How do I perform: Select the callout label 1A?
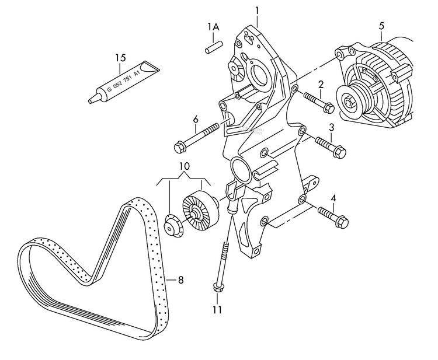pyautogui.click(x=214, y=27)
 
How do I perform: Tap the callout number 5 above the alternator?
pyautogui.click(x=381, y=26)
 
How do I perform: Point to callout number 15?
pyautogui.click(x=120, y=58)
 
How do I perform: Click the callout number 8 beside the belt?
pyautogui.click(x=180, y=280)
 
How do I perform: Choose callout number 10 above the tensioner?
pyautogui.click(x=184, y=166)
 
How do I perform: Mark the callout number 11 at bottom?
pyautogui.click(x=217, y=310)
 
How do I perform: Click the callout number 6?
pyautogui.click(x=196, y=120)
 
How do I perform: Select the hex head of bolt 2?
pyautogui.click(x=328, y=107)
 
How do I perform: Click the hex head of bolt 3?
pyautogui.click(x=339, y=152)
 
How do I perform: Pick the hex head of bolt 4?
pyautogui.click(x=342, y=223)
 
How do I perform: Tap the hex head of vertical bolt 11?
pyautogui.click(x=218, y=288)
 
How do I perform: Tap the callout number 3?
pyautogui.click(x=331, y=127)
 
